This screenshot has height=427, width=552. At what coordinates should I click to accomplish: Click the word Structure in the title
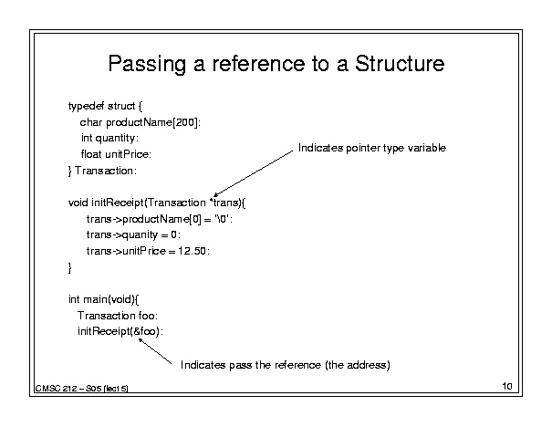point(400,64)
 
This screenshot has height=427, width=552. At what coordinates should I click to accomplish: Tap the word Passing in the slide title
point(147,65)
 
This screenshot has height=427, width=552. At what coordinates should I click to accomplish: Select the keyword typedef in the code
point(87,107)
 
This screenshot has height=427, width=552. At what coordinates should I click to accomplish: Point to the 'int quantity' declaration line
point(109,138)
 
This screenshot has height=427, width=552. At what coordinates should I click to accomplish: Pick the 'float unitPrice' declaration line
point(116,154)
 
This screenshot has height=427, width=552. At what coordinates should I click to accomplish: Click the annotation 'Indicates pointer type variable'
point(372,148)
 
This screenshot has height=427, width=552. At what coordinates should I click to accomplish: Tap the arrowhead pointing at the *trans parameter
point(215,195)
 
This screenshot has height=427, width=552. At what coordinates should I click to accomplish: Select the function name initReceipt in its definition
point(118,203)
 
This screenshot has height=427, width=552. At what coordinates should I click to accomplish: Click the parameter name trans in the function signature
point(225,203)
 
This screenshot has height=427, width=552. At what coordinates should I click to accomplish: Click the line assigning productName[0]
point(160,219)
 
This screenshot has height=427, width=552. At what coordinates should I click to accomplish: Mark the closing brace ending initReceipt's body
point(69,268)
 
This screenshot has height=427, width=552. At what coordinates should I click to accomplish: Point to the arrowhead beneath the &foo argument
point(141,340)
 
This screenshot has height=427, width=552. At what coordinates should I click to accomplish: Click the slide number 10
point(507,386)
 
